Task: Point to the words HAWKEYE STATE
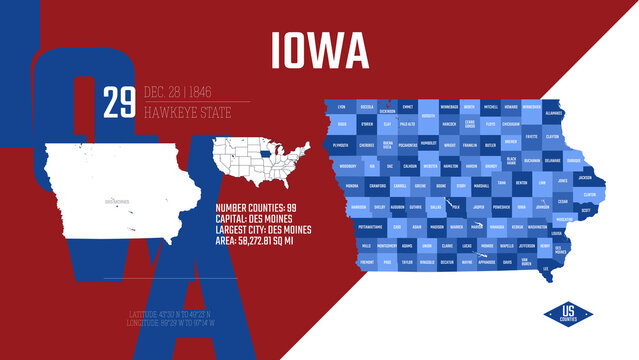(x=187, y=112)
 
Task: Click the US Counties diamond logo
(x=568, y=314)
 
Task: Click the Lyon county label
(x=342, y=107)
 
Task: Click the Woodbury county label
(x=348, y=166)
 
